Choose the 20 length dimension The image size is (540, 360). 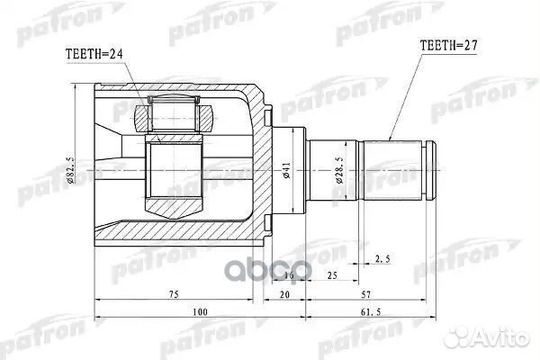coord(284,293)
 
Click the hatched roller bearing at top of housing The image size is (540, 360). coord(175,114)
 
